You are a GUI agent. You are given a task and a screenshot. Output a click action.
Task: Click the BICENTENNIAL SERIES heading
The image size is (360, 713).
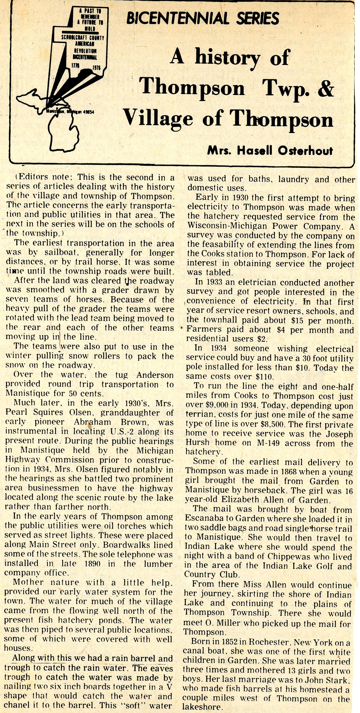202,18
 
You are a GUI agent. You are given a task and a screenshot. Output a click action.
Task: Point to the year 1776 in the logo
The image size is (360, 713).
75,65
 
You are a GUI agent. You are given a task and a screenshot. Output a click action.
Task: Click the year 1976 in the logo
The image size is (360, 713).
96,67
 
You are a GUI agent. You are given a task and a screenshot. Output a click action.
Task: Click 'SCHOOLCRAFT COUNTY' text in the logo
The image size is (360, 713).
83,38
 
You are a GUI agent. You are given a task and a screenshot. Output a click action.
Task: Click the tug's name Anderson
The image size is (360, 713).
155,375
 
